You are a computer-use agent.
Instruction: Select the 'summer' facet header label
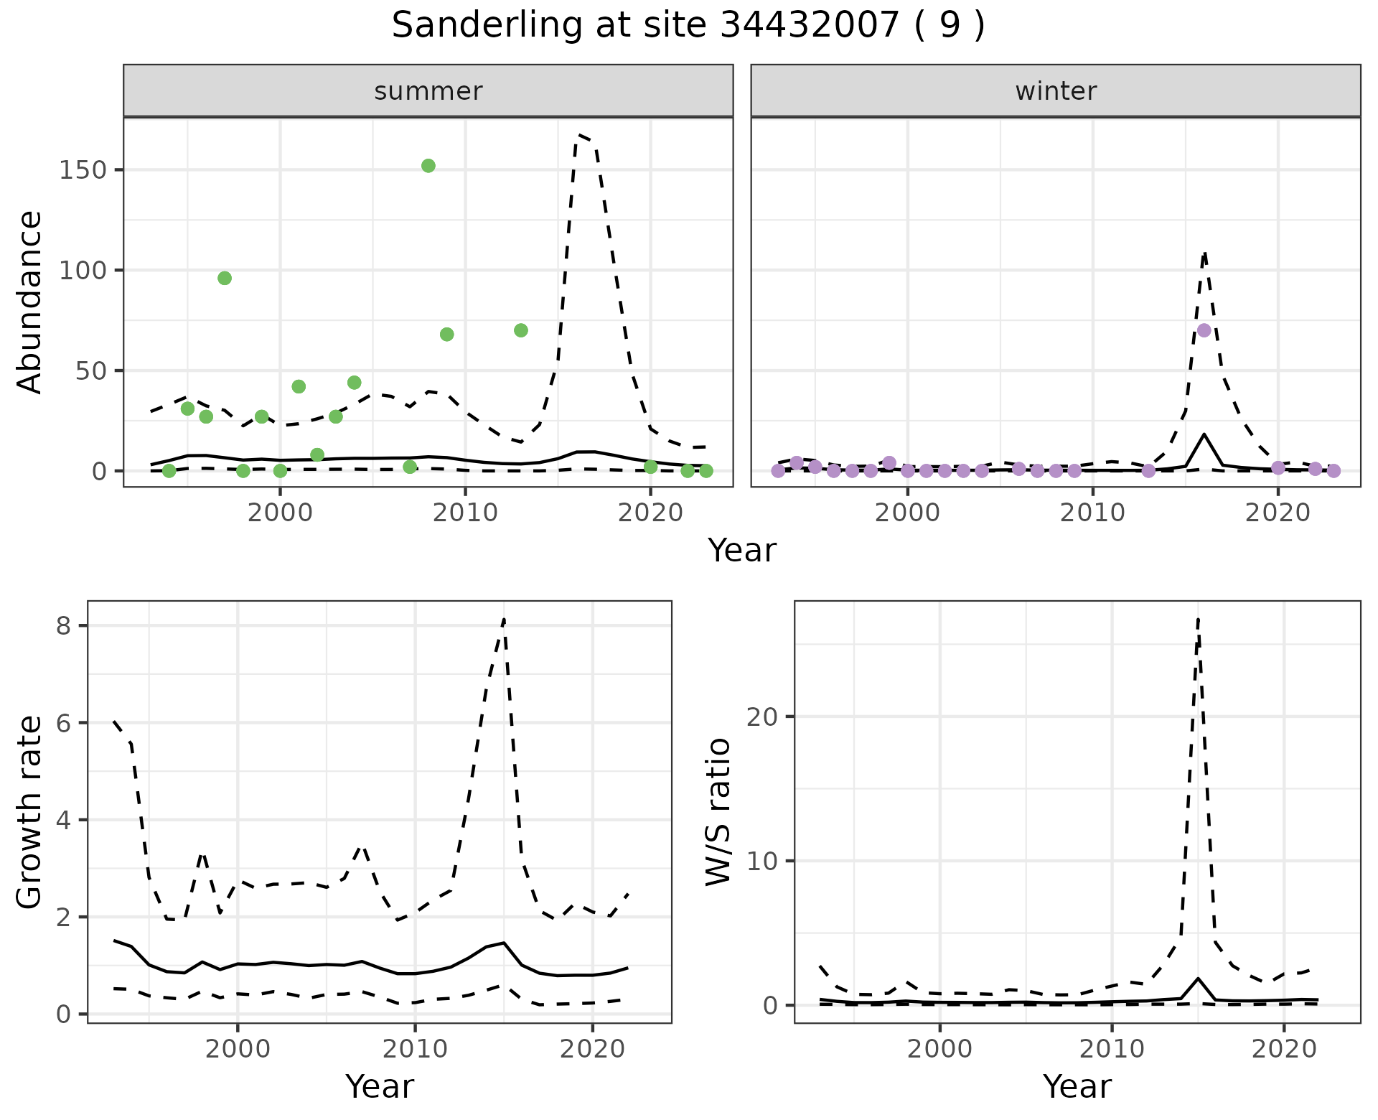pos(428,91)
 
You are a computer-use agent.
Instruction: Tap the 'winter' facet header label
pos(1056,91)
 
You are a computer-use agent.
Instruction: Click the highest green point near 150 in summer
pos(428,166)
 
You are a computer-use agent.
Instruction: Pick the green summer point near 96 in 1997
pos(225,279)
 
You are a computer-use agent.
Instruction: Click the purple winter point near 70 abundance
pos(1204,330)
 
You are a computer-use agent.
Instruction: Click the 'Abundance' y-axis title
pos(30,302)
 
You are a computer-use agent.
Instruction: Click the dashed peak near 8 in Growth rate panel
pos(505,619)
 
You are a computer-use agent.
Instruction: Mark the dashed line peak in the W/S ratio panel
pos(1198,619)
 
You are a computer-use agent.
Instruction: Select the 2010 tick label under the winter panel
pos(1092,513)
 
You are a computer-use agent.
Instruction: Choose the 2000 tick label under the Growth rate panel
pos(238,1049)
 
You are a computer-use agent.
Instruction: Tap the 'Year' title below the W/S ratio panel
pos(1077,1087)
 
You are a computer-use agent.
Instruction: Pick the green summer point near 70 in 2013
pos(521,330)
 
